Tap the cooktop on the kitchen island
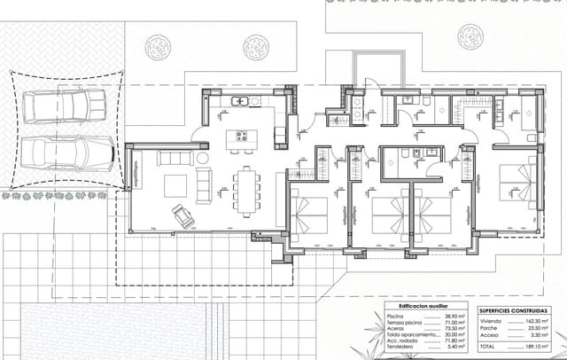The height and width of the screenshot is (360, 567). (x=239, y=138)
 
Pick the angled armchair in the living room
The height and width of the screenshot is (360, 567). (x=182, y=214)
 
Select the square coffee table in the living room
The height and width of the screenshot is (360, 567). (x=175, y=186)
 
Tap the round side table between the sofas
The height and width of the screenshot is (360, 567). (x=203, y=158)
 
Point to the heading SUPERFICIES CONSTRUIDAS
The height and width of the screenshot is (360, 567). (x=513, y=310)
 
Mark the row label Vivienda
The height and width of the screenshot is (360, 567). (x=491, y=321)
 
